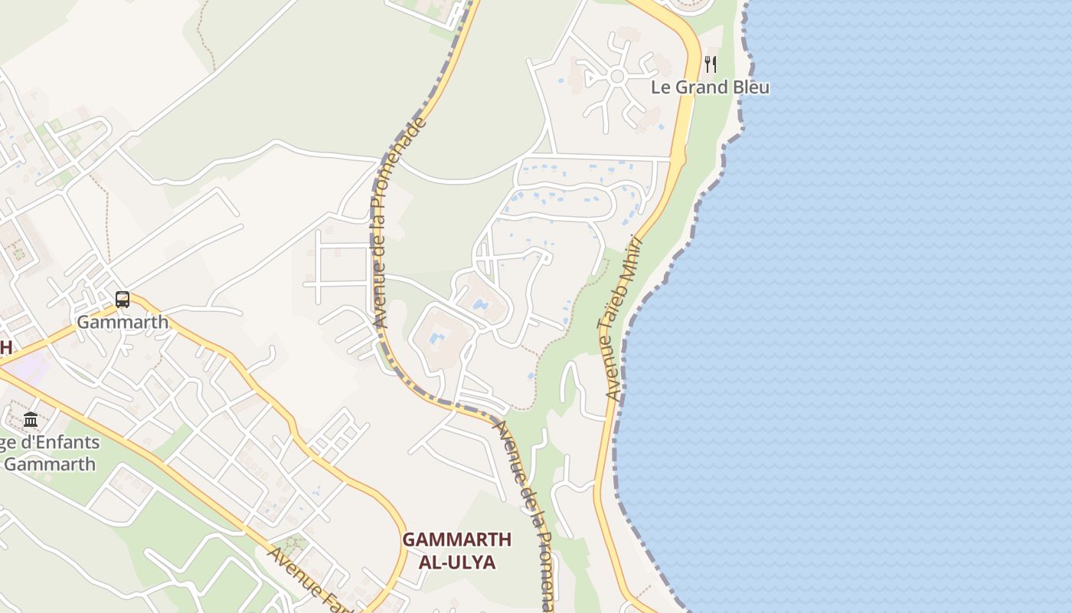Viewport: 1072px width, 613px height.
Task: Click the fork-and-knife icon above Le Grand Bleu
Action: [711, 64]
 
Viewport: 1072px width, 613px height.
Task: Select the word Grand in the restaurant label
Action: [701, 87]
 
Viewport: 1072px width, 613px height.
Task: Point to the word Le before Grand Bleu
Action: [660, 87]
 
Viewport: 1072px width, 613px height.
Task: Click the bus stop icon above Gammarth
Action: [123, 300]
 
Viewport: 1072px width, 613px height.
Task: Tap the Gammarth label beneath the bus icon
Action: [123, 322]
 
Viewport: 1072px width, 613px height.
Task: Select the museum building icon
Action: [31, 419]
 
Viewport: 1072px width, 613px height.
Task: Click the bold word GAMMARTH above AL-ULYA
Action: [457, 539]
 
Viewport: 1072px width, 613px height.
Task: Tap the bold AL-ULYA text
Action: [457, 562]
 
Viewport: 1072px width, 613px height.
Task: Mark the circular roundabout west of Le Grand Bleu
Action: [618, 77]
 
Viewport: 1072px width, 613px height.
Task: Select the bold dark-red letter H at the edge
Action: [5, 347]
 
